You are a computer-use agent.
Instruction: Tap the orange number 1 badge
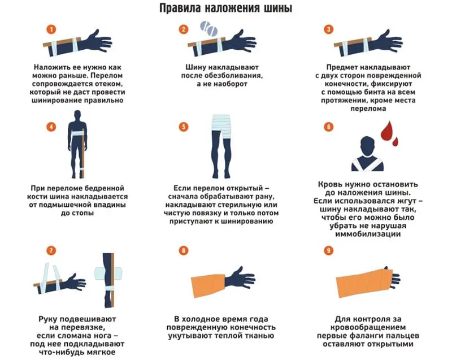tap(51, 29)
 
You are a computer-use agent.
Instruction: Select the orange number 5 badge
tap(182, 127)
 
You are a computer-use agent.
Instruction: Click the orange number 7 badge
tap(51, 250)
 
